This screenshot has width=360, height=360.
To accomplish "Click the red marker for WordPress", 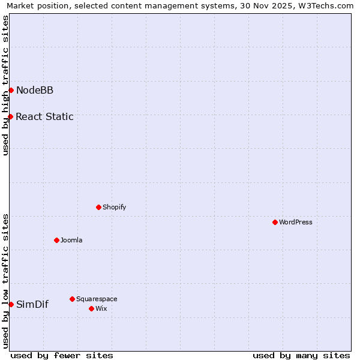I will [x=275, y=222].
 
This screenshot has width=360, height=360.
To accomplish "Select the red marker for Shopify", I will [x=98, y=207].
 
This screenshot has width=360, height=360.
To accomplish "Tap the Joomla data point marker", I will [x=56, y=240].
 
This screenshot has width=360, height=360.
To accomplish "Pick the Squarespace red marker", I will [x=72, y=299].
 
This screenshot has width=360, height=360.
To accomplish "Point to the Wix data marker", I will [x=91, y=308].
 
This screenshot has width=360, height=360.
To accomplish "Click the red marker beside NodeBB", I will [x=11, y=90].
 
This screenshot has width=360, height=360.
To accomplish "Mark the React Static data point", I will [x=10, y=116].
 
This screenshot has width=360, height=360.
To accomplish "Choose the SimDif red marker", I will [x=11, y=304].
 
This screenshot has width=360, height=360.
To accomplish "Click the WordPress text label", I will [x=296, y=222].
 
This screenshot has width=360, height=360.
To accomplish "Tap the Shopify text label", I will [x=114, y=207].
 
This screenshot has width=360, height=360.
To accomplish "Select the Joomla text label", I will [x=71, y=240].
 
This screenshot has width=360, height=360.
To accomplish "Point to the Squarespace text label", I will [x=97, y=299].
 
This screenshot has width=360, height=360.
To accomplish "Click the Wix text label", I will [x=101, y=308].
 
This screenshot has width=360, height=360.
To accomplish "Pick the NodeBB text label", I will [x=35, y=91].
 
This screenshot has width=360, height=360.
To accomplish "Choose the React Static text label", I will [x=44, y=117].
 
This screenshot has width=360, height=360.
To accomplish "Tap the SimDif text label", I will [x=32, y=304].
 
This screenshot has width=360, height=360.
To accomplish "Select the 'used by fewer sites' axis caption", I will [x=62, y=355].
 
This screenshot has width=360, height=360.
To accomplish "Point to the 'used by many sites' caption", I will [x=301, y=355].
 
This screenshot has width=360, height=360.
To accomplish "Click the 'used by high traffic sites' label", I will [x=5, y=85].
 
